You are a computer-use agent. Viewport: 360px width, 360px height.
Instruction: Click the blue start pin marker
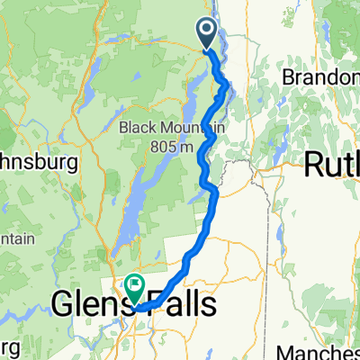[x=206, y=33]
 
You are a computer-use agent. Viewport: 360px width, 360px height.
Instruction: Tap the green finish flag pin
[x=135, y=289]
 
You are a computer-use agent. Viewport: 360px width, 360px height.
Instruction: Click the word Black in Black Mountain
[x=139, y=128]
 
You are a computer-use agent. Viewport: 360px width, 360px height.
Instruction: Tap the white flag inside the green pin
[x=135, y=286]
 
